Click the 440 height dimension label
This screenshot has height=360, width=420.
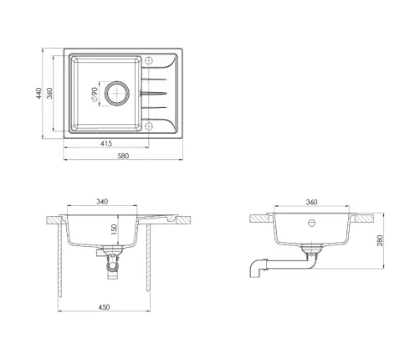click(38, 93)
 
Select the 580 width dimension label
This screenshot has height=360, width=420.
click(123, 156)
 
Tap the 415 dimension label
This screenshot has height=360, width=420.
click(106, 143)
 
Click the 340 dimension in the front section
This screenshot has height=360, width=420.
click(102, 202)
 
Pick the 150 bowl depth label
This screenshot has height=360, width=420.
click(115, 229)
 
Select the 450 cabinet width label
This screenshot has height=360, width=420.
click(104, 307)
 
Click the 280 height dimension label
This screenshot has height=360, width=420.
click(380, 240)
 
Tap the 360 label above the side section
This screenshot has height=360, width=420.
click(311, 202)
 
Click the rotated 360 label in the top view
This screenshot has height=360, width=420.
click(49, 93)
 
